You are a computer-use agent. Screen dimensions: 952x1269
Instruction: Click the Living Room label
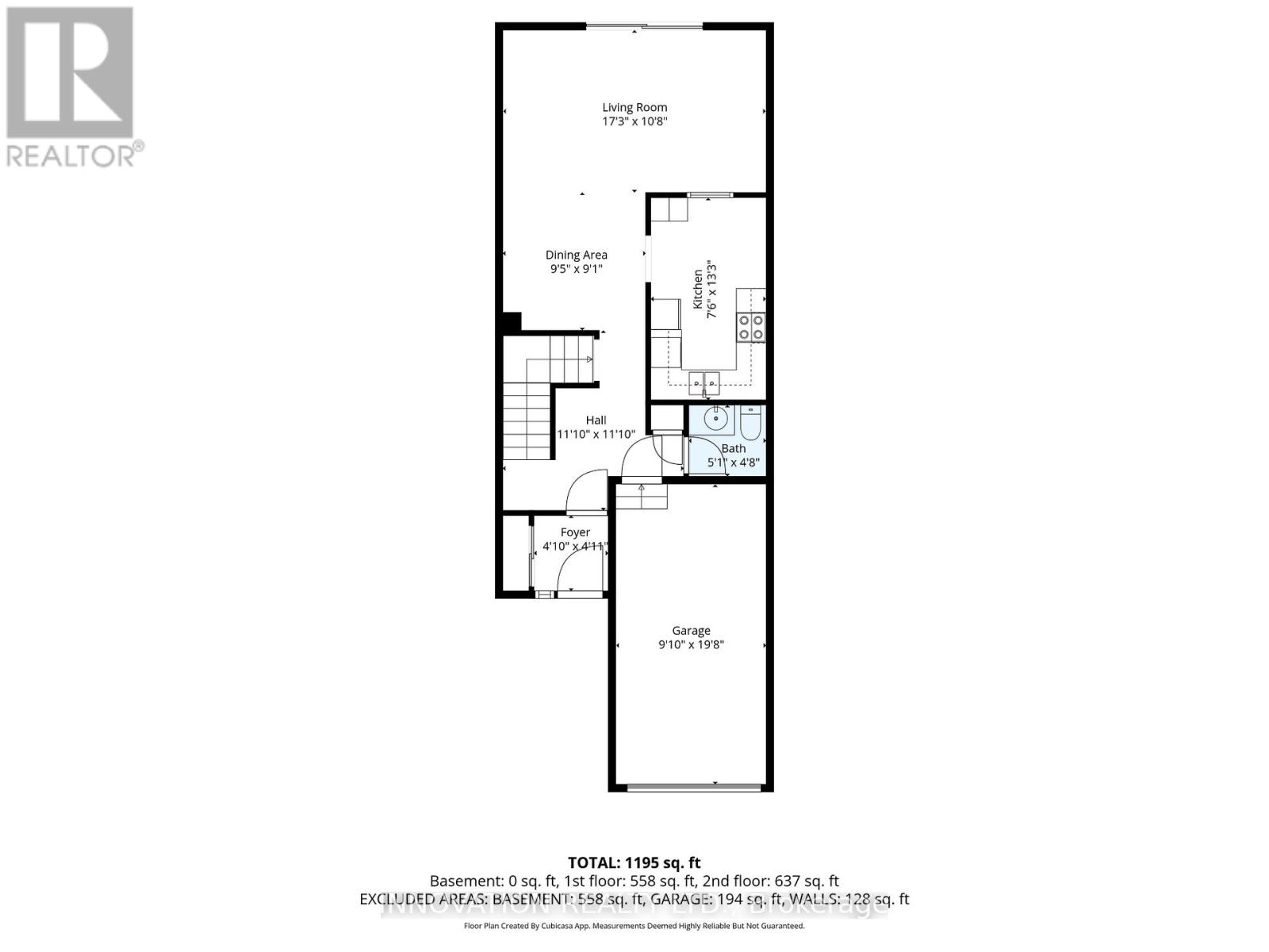coord(634,107)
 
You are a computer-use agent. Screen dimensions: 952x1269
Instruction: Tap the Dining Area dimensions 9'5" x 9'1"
coord(577,269)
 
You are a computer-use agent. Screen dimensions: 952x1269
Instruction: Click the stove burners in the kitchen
coord(751,327)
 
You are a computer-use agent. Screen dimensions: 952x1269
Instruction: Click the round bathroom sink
coord(716,417)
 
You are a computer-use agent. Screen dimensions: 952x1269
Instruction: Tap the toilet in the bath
coord(751,423)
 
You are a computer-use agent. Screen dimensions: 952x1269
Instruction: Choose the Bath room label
coord(734,448)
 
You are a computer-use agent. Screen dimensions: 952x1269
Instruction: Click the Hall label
coord(596,420)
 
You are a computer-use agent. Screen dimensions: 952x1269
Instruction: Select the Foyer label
coord(575,532)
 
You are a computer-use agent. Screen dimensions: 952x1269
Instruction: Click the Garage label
coord(691,631)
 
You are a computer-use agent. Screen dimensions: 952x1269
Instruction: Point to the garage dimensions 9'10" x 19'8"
coord(691,645)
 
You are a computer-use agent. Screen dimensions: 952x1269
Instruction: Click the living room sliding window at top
coord(644,27)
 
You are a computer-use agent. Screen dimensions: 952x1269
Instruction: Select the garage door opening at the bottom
coord(692,788)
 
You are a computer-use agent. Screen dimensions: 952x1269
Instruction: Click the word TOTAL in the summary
coord(594,862)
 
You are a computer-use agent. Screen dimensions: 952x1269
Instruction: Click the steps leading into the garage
coord(642,497)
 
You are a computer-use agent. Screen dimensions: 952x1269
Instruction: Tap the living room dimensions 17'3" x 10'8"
coord(634,121)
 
